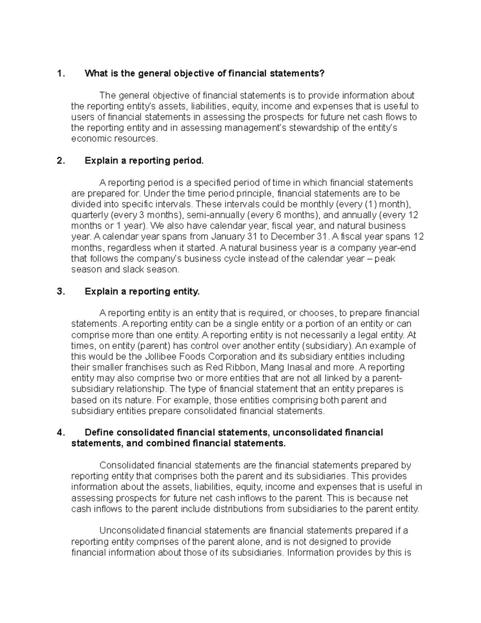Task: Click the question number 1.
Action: pos(60,73)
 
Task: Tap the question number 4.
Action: pos(61,432)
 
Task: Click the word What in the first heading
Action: pos(95,73)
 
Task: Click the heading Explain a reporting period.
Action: pos(144,161)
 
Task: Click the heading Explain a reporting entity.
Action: pos(142,292)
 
